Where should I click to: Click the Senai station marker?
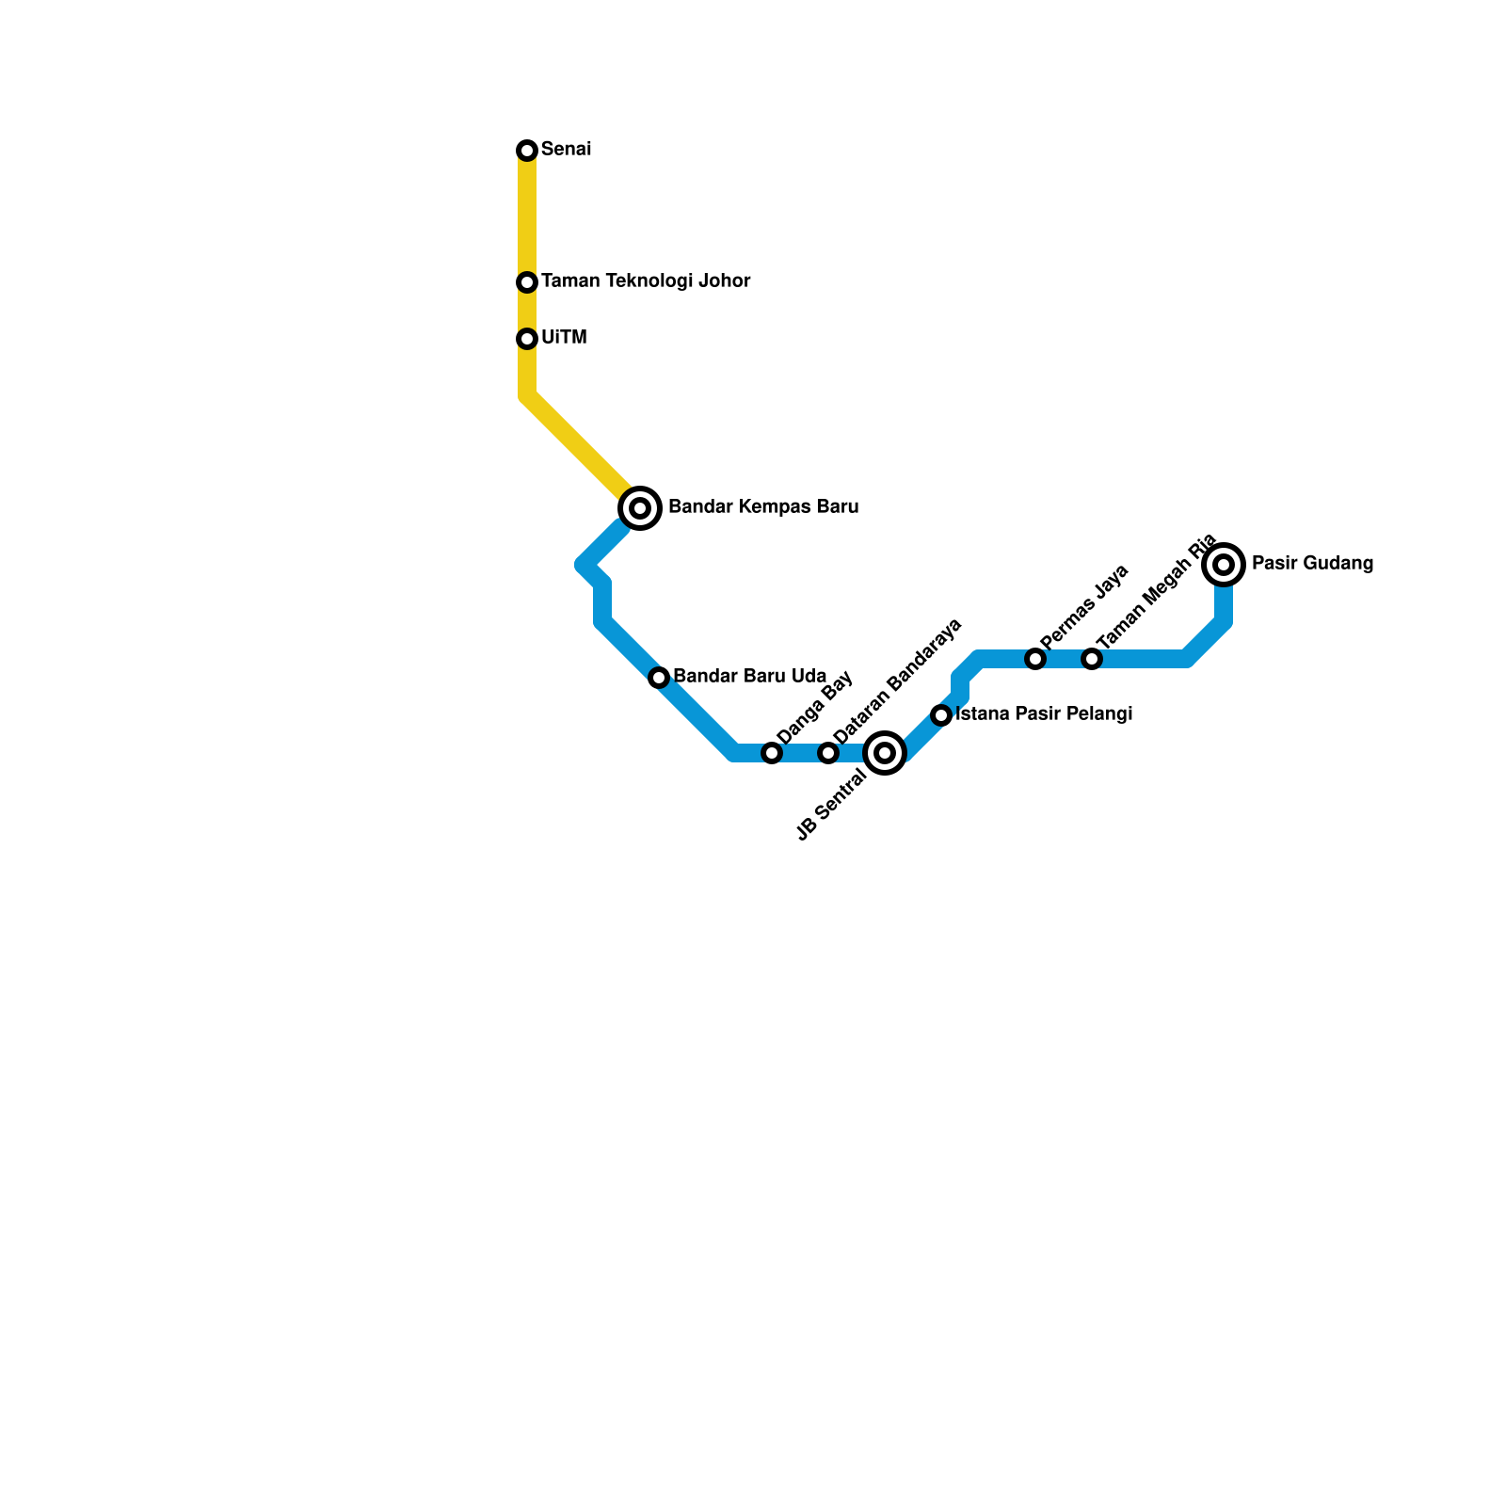coord(527,151)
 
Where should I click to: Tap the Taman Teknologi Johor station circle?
coord(527,282)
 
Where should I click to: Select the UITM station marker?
coord(527,339)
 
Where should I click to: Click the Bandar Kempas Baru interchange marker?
coord(640,508)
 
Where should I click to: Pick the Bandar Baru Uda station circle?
coord(659,678)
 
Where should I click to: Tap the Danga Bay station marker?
coord(772,753)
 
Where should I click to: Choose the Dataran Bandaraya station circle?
coord(828,753)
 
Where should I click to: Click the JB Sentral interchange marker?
coord(885,753)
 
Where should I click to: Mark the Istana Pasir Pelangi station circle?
coord(941,715)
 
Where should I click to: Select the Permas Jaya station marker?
coord(1035,659)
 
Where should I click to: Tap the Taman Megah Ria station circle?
coord(1092,659)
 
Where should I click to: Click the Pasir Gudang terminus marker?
coord(1224,565)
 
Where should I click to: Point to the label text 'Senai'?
coord(566,150)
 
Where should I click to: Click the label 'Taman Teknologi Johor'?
coord(646,281)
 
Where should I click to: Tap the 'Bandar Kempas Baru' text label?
coord(763,507)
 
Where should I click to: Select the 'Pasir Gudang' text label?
coord(1312,564)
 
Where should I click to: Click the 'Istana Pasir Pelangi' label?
coord(1043,714)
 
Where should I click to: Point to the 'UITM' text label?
coord(564,338)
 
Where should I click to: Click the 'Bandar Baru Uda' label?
coord(750,677)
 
